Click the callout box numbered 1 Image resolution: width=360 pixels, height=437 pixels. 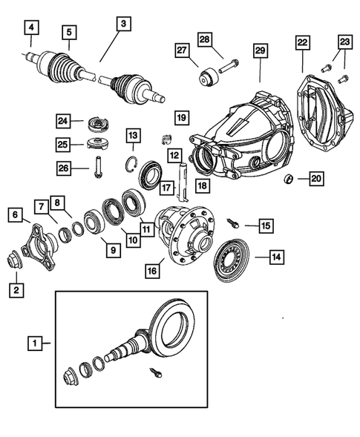pyautogui.click(x=33, y=344)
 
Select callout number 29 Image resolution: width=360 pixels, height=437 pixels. pyautogui.click(x=260, y=50)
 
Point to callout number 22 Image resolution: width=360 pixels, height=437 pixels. pyautogui.click(x=304, y=44)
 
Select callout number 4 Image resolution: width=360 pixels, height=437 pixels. pyautogui.click(x=30, y=30)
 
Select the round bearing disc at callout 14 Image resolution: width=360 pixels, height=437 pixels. pyautogui.click(x=231, y=258)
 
